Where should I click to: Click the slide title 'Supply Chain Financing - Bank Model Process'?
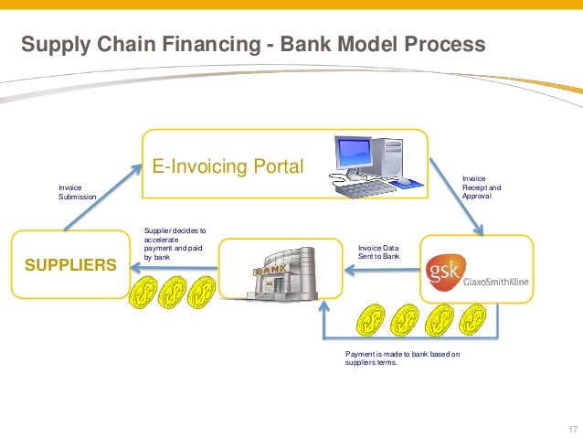[253, 44]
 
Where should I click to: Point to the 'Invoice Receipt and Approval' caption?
[481, 187]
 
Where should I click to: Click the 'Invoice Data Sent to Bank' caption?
[378, 251]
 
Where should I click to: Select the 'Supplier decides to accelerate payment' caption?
[175, 245]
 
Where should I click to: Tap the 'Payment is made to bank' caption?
[402, 358]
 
